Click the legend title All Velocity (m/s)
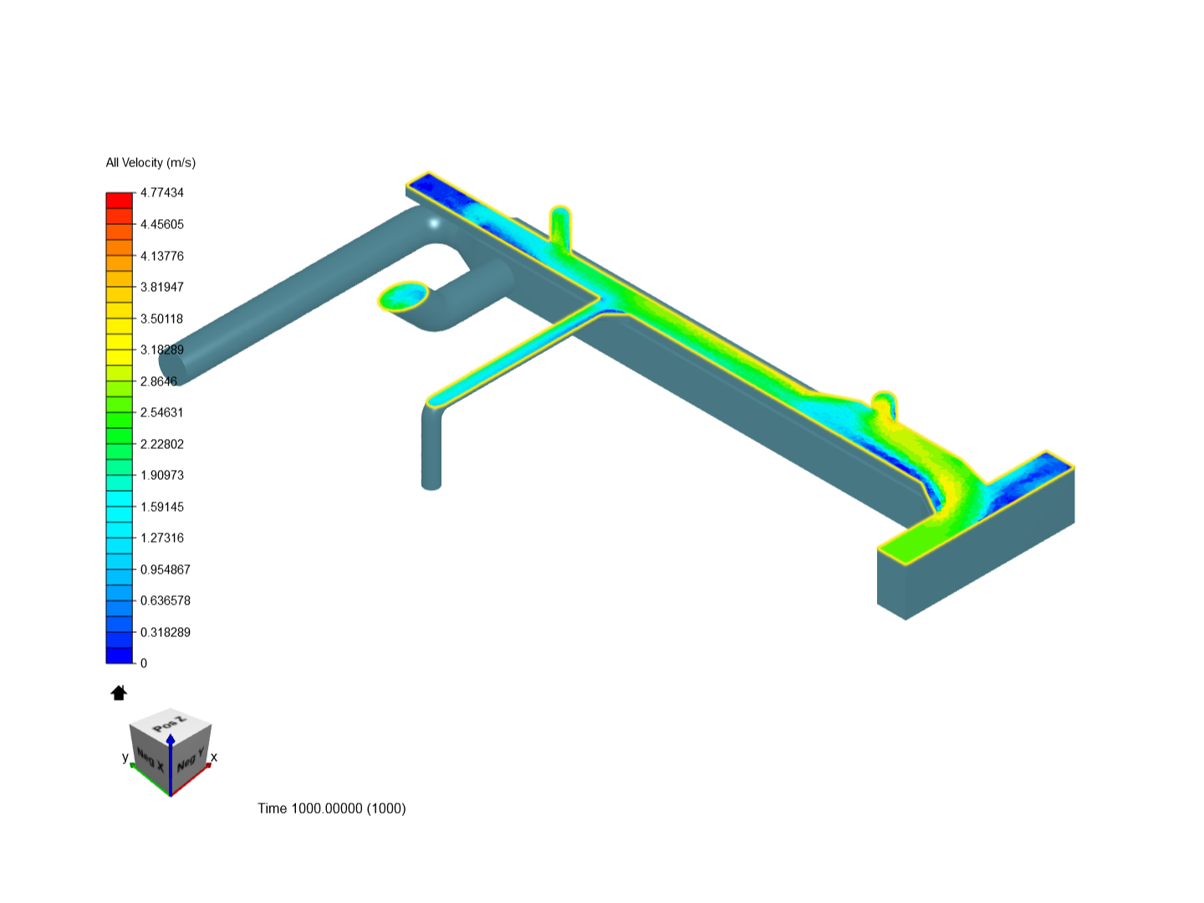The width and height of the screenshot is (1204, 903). pyautogui.click(x=150, y=163)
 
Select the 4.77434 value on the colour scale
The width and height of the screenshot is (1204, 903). pyautogui.click(x=162, y=192)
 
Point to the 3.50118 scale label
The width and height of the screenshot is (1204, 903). pyautogui.click(x=162, y=319)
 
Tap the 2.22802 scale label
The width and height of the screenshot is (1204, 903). pyautogui.click(x=162, y=444)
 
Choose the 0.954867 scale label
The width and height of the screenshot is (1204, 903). pyautogui.click(x=165, y=569)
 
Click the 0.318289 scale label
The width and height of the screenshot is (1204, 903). pyautogui.click(x=165, y=632)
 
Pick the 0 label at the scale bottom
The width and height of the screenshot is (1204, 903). pyautogui.click(x=144, y=663)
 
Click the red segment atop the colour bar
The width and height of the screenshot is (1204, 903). pyautogui.click(x=119, y=200)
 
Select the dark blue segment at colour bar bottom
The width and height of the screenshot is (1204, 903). pyautogui.click(x=119, y=656)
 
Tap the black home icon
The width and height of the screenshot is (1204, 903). pyautogui.click(x=119, y=693)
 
